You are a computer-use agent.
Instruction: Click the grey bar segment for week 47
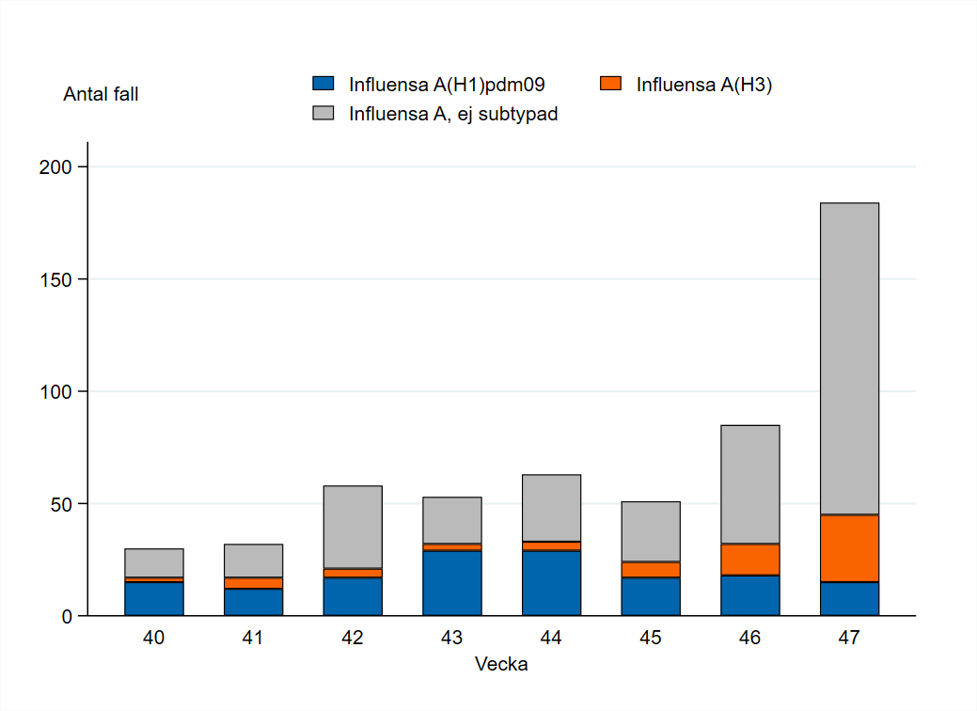tap(849, 358)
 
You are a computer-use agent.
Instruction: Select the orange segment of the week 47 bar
tap(849, 548)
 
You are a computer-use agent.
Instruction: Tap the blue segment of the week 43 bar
tap(451, 583)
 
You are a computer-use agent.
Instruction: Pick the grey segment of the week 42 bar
tap(353, 527)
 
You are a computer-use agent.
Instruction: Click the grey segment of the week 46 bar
tap(749, 484)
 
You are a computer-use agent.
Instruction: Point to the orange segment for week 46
tap(749, 560)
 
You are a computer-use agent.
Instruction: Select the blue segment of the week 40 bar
tap(154, 598)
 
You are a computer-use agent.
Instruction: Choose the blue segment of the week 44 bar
tap(551, 583)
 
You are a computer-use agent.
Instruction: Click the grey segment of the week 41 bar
tap(253, 561)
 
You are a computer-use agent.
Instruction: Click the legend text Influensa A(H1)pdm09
tap(448, 85)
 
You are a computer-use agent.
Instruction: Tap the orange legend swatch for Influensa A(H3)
tap(611, 84)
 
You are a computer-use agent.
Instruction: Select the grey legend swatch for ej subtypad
tap(323, 114)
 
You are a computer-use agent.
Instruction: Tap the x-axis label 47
tap(849, 639)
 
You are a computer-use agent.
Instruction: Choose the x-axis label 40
tap(154, 639)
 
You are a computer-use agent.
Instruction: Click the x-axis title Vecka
tap(501, 665)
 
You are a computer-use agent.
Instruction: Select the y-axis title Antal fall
tap(101, 94)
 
